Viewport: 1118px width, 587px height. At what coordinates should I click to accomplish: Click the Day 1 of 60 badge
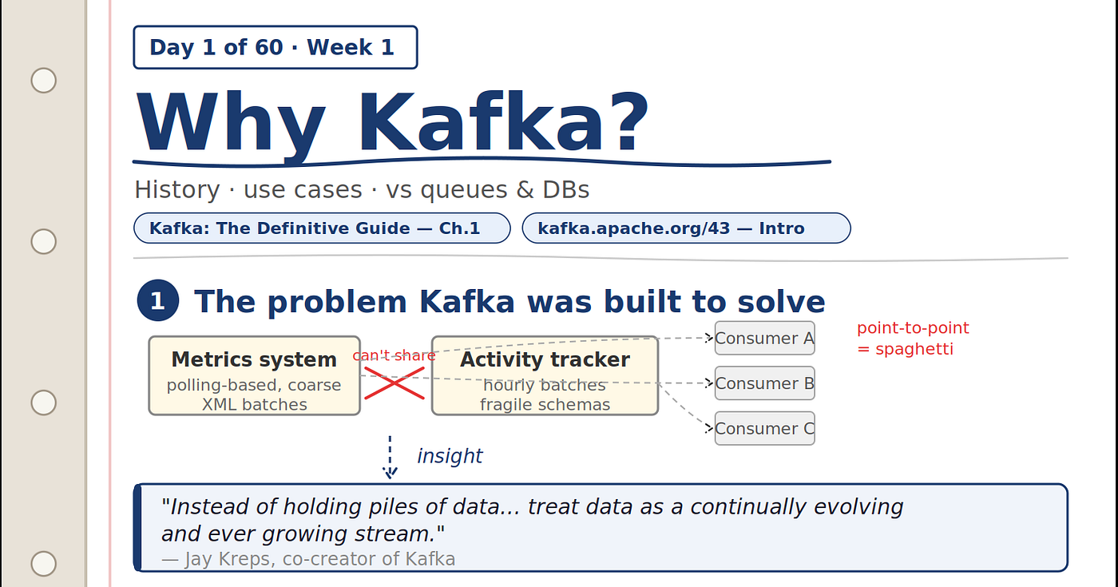click(x=276, y=47)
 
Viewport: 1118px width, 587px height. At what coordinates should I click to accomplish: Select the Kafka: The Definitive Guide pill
click(x=322, y=228)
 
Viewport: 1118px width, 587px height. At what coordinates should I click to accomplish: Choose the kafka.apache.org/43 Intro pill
click(x=686, y=228)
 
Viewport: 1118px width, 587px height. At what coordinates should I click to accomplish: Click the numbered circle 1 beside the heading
click(x=158, y=300)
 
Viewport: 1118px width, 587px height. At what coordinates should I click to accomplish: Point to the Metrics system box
click(x=255, y=375)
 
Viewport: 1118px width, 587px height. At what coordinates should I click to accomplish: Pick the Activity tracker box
click(x=545, y=375)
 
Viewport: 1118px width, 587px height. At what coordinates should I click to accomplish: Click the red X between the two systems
click(x=394, y=383)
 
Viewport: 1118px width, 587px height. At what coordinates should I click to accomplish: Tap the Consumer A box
click(x=765, y=338)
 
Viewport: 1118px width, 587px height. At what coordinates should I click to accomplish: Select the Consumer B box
click(x=765, y=383)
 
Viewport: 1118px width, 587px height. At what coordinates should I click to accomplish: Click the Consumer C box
click(x=765, y=428)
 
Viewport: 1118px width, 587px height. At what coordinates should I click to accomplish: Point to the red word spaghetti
click(x=914, y=350)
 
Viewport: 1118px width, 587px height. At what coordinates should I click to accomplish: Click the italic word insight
click(x=450, y=456)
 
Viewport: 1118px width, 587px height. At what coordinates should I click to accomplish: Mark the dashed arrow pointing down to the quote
click(x=390, y=457)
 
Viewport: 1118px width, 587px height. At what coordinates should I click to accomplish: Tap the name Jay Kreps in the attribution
click(x=230, y=559)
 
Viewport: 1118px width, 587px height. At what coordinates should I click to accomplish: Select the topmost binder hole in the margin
click(x=43, y=81)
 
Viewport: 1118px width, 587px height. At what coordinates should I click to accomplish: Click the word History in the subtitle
click(x=177, y=190)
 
